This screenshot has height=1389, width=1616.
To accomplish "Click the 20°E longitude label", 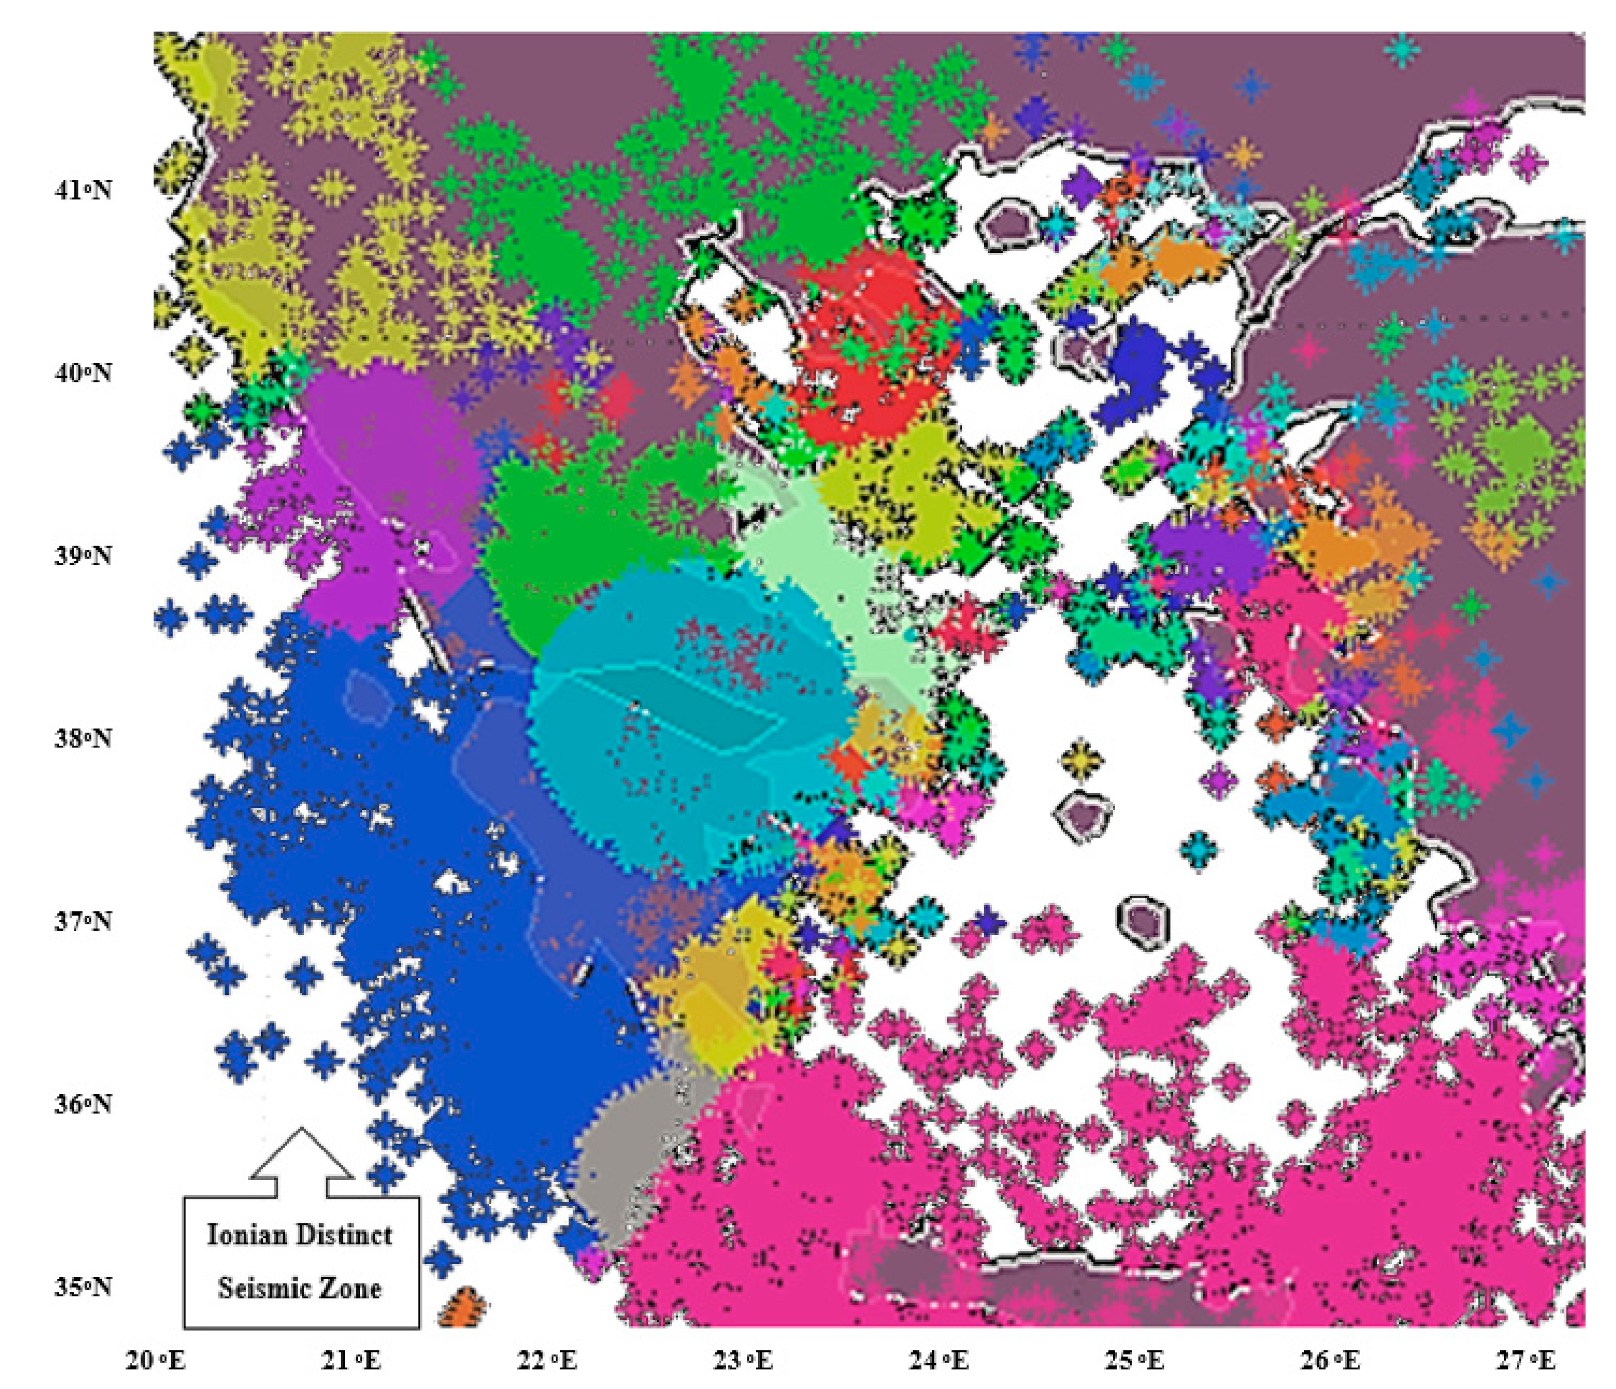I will pyautogui.click(x=156, y=1361).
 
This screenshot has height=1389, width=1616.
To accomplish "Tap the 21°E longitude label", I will pyautogui.click(x=352, y=1361).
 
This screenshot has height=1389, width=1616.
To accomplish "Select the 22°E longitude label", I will pyautogui.click(x=548, y=1361).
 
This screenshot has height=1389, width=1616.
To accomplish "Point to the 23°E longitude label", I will pyautogui.click(x=743, y=1361).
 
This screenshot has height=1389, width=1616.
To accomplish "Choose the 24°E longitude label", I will pyautogui.click(x=939, y=1361).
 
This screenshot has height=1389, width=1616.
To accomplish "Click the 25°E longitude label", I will pyautogui.click(x=1135, y=1361).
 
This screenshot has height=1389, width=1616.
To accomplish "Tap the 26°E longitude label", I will pyautogui.click(x=1331, y=1361).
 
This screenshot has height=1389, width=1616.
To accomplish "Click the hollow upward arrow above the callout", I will pyautogui.click(x=301, y=1162).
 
